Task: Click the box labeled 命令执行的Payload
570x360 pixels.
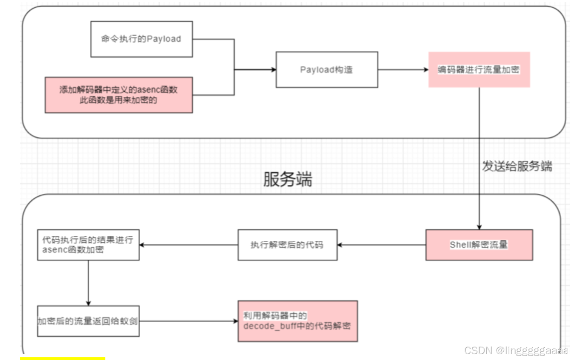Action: [x=141, y=39]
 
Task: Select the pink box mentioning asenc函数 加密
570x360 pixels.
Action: [x=118, y=95]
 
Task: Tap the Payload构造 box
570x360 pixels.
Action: [x=326, y=70]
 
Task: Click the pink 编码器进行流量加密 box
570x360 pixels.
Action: [x=479, y=70]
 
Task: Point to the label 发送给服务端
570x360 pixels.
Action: [x=517, y=166]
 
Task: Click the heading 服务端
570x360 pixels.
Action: [x=288, y=180]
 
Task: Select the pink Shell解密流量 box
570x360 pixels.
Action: [x=479, y=245]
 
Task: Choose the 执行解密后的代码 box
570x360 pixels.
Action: [x=287, y=245]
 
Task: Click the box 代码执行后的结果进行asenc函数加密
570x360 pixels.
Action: [x=88, y=245]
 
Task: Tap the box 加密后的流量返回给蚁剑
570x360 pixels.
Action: [x=88, y=321]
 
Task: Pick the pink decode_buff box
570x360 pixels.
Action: [x=298, y=321]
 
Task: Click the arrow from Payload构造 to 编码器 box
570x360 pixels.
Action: [x=403, y=70]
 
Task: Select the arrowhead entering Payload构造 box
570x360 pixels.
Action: [x=272, y=70]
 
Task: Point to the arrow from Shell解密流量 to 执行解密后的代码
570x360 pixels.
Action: [x=382, y=245]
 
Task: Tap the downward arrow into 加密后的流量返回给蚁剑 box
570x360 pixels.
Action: [x=88, y=283]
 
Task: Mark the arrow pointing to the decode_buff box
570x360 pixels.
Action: [x=189, y=321]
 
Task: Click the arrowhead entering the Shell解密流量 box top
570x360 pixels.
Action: [x=479, y=226]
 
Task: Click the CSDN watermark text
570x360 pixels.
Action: [x=516, y=350]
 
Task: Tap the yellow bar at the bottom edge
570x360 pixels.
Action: [x=62, y=358]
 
